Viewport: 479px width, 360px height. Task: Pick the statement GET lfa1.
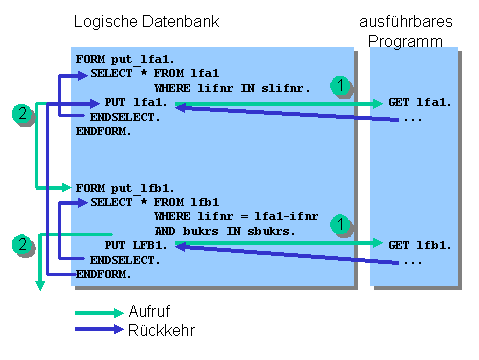[x=420, y=103]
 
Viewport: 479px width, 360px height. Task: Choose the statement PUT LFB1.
[x=139, y=244]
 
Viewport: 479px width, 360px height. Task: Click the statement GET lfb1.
[x=420, y=244]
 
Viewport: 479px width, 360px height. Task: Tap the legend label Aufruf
[x=148, y=312]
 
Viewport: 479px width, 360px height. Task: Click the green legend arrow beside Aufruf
[x=98, y=312]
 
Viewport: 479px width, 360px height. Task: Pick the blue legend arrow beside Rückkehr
[x=98, y=327]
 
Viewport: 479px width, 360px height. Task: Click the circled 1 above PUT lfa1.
[x=341, y=87]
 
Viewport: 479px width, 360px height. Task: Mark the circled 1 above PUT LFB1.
[x=341, y=225]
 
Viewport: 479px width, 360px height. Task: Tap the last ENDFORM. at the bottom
[x=103, y=273]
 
